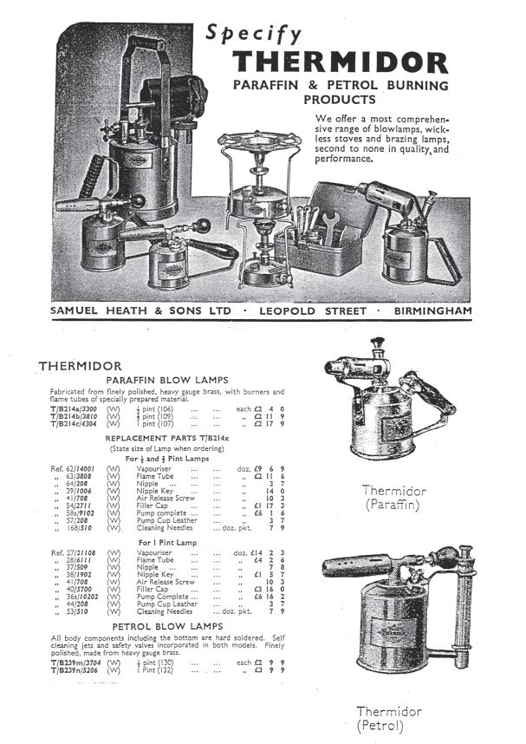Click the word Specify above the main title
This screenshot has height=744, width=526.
[x=254, y=33]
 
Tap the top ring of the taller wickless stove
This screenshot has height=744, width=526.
[x=259, y=141]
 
